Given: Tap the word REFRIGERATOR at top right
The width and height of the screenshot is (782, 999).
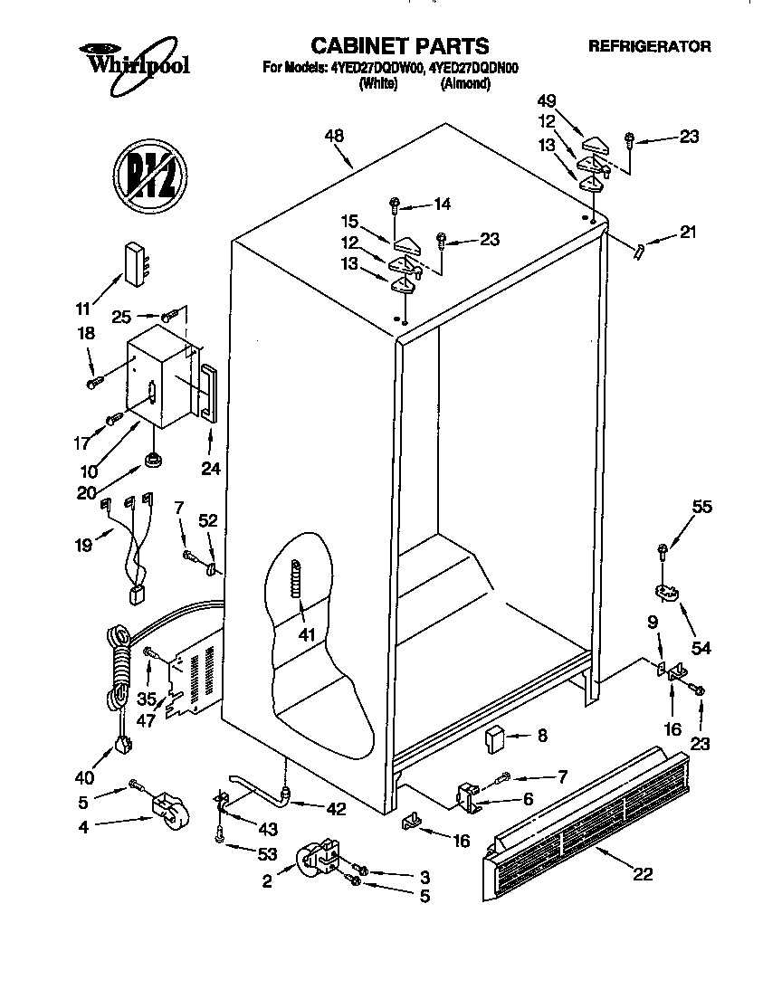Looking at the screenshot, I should (x=649, y=46).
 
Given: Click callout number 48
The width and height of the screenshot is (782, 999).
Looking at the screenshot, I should (x=334, y=137).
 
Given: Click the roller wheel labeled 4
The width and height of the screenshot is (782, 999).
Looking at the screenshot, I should (x=171, y=808).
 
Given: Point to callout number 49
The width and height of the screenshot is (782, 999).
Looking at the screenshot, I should (x=547, y=100).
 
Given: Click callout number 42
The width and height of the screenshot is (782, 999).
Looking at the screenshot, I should (x=336, y=809).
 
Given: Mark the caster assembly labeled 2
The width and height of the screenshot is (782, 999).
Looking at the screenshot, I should (x=318, y=859).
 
